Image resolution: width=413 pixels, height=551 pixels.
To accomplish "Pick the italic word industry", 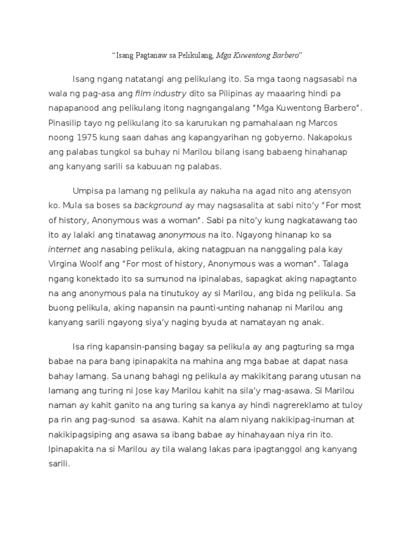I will [x=168, y=94].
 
